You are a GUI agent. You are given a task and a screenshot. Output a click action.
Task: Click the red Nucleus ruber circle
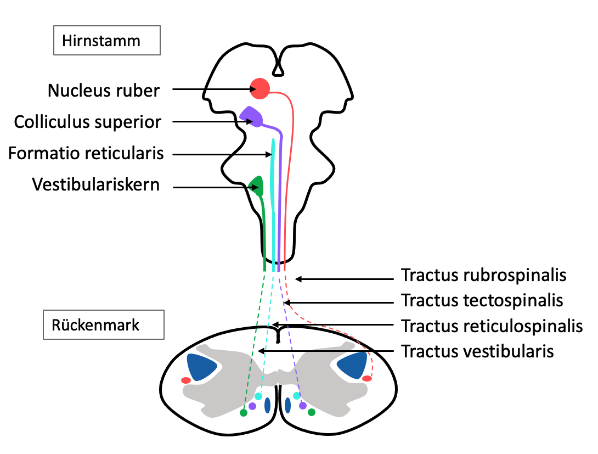pyautogui.click(x=259, y=88)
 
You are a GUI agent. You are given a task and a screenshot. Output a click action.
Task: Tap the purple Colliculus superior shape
pyautogui.click(x=252, y=116)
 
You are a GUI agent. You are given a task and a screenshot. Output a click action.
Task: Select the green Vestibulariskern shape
pyautogui.click(x=257, y=186)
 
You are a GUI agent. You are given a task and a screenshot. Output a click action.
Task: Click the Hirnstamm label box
pyautogui.click(x=107, y=41)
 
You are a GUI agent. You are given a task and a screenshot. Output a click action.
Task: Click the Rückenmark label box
pyautogui.click(x=103, y=324)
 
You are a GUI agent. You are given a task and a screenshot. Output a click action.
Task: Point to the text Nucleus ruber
pyautogui.click(x=103, y=91)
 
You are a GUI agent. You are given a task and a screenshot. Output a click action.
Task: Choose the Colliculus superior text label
pyautogui.click(x=88, y=122)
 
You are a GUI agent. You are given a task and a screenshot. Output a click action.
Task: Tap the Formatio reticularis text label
pyautogui.click(x=86, y=153)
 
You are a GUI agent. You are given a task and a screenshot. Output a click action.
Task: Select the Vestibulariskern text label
pyautogui.click(x=95, y=184)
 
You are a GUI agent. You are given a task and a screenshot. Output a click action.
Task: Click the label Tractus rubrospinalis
pyautogui.click(x=483, y=275)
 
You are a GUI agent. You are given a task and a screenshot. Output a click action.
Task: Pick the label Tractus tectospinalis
pyautogui.click(x=482, y=300)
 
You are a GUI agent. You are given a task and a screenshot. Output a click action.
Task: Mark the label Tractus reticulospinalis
pyautogui.click(x=492, y=326)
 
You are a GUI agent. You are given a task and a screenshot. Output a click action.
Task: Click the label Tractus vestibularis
pyautogui.click(x=477, y=351)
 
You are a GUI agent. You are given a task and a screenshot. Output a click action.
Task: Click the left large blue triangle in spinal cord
pyautogui.click(x=199, y=366)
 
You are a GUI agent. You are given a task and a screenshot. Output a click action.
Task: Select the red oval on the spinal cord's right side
pyautogui.click(x=367, y=378)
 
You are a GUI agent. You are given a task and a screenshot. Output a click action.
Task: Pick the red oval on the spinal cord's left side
pyautogui.click(x=186, y=380)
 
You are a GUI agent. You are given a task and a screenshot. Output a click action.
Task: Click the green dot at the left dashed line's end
pyautogui.click(x=244, y=413)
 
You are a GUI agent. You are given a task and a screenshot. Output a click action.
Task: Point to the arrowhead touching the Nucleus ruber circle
pyautogui.click(x=253, y=89)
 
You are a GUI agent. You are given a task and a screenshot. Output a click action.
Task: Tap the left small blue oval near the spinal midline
pyautogui.click(x=268, y=405)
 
